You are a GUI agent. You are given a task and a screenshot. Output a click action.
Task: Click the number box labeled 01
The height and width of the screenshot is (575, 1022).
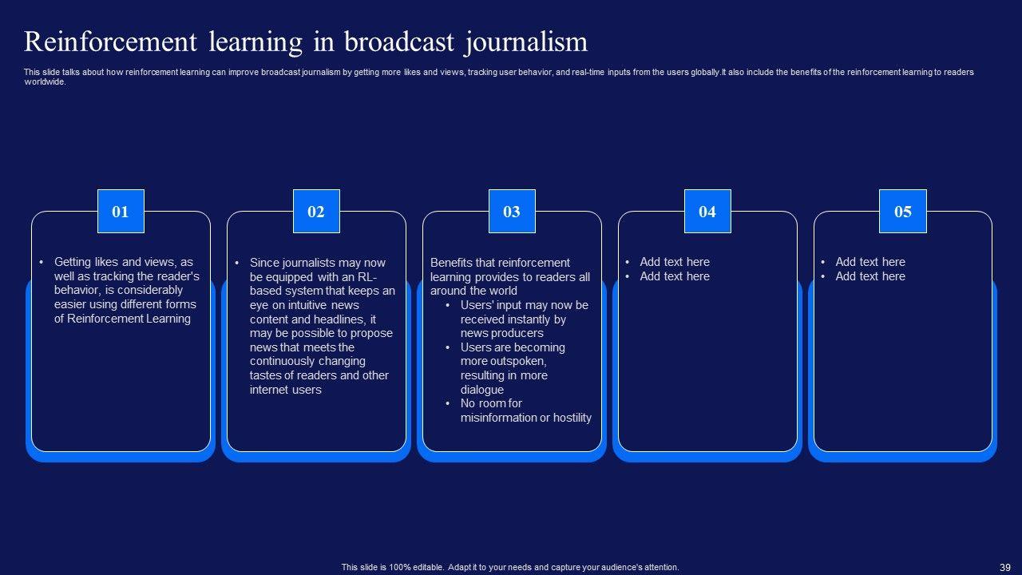[121, 212]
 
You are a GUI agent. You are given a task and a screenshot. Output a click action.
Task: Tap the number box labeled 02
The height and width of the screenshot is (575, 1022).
[316, 212]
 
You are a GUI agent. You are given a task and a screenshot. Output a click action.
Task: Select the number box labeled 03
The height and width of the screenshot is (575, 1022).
[512, 212]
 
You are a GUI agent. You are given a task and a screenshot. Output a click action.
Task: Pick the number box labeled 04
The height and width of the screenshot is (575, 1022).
[707, 212]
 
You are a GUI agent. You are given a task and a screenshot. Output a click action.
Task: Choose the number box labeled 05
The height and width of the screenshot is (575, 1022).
[903, 212]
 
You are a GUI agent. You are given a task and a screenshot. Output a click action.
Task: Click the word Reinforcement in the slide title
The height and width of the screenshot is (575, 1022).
[111, 42]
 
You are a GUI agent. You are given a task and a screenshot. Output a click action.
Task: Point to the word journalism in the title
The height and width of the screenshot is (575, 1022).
[525, 42]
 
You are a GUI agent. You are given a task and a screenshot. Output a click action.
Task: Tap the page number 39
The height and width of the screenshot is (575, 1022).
[1004, 567]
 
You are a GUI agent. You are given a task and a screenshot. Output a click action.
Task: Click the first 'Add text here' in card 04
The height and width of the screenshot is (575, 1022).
[675, 262]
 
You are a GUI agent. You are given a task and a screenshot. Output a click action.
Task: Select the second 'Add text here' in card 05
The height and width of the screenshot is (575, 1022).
[870, 276]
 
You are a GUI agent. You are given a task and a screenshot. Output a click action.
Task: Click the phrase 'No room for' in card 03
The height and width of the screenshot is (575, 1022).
[491, 403]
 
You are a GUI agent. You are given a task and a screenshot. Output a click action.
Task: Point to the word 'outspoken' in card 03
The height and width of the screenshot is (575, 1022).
[515, 362]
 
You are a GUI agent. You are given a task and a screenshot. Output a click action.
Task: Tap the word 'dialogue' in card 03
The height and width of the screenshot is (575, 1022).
[482, 390]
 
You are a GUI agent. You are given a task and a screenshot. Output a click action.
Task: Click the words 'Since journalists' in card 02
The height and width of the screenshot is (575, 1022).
[292, 262]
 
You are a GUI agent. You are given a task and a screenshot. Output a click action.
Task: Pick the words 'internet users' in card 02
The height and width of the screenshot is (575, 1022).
[285, 390]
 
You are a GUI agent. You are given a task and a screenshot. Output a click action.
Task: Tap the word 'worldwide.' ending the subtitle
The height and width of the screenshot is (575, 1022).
[45, 81]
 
